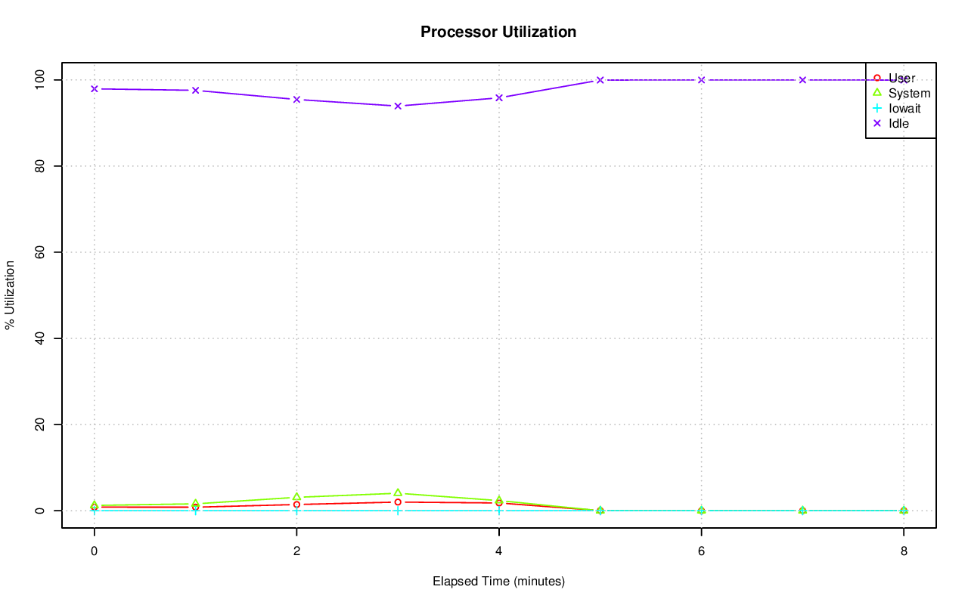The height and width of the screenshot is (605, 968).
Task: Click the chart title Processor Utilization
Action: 498,32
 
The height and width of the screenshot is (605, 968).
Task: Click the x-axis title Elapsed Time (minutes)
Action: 498,582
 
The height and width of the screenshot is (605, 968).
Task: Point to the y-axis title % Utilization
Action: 11,295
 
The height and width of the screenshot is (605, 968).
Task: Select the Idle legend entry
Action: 898,123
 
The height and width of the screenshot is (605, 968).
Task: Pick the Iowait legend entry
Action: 904,108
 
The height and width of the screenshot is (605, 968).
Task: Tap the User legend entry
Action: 901,78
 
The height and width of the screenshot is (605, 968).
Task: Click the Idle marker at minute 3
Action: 398,106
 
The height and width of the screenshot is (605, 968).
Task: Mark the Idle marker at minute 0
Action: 95,89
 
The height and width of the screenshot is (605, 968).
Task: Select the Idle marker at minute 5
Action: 600,79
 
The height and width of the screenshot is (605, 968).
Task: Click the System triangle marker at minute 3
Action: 398,493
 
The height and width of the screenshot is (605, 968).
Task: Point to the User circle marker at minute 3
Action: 398,502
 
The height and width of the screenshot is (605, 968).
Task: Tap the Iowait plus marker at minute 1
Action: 196,511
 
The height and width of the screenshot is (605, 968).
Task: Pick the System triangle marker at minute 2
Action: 296,497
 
